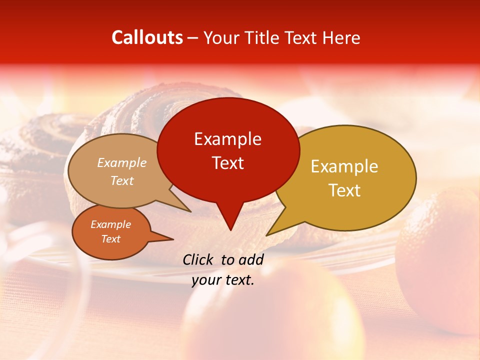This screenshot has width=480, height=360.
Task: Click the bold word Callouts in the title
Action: (x=147, y=37)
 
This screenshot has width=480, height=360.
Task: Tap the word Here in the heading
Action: (x=341, y=37)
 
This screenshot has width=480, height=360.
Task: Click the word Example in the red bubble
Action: (x=227, y=139)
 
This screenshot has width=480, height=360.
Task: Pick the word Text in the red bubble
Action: (x=227, y=163)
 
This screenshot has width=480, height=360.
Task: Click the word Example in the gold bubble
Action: (x=344, y=166)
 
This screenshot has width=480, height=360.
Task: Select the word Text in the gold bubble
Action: (x=344, y=190)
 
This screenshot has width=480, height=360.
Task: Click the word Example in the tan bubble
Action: (x=121, y=163)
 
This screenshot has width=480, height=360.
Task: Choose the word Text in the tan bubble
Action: (x=121, y=180)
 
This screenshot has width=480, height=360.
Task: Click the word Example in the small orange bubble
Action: (x=110, y=224)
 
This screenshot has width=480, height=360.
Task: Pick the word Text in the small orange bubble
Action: (x=110, y=239)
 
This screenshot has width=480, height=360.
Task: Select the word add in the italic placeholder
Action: (x=250, y=259)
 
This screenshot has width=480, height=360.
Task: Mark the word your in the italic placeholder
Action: (x=205, y=280)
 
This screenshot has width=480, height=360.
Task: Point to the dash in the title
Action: (x=193, y=38)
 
